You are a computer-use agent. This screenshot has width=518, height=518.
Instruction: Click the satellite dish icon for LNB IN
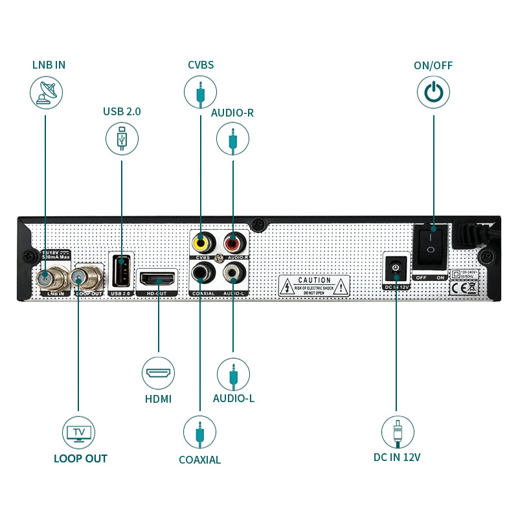[46, 93]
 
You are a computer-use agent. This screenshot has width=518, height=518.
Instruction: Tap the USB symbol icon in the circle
[122, 139]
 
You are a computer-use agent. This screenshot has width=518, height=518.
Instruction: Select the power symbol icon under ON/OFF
[433, 93]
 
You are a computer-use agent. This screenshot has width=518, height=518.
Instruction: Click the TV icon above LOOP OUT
[78, 432]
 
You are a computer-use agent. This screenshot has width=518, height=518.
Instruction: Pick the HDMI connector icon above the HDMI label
[158, 374]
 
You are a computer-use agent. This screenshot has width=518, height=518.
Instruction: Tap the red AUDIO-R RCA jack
[233, 243]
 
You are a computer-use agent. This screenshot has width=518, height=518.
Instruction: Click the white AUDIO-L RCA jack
[233, 274]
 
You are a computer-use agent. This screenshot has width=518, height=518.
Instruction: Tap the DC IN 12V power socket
[395, 268]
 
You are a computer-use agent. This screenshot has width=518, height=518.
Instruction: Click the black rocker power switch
[429, 245]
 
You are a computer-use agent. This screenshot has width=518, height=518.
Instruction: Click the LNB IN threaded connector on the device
[46, 279]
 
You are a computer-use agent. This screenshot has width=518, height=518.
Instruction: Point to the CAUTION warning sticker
[314, 286]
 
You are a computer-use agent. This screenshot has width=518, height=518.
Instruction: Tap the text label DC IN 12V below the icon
[397, 457]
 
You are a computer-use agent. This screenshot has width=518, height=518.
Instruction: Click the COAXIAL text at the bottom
[199, 460]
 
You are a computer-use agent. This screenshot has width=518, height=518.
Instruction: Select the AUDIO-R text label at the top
[232, 113]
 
